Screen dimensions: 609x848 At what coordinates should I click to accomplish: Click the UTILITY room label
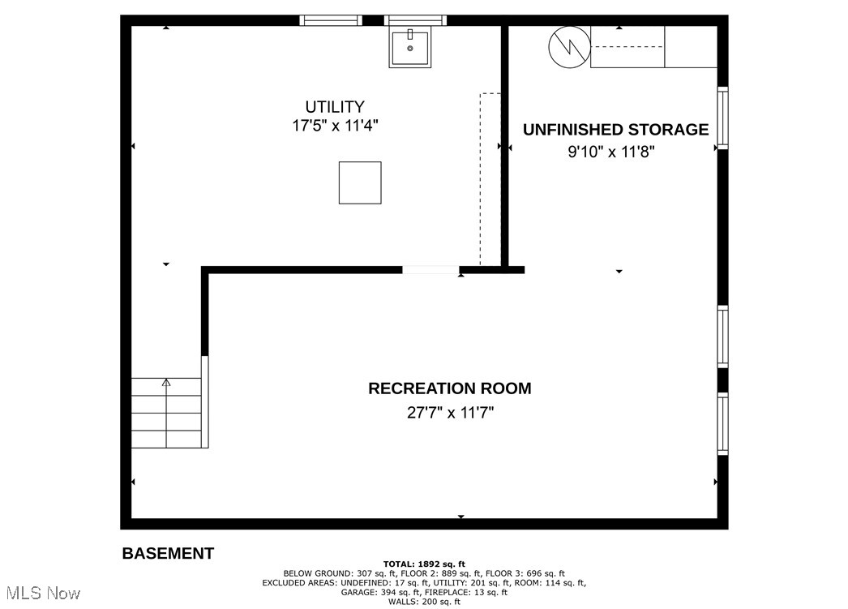[334, 106]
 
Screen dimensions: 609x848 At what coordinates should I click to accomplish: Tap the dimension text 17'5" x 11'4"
[334, 127]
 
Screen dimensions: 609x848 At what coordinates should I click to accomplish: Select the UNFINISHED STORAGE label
[615, 130]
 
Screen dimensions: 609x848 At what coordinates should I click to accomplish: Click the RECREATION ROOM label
[450, 388]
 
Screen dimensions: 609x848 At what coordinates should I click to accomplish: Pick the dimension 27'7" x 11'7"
[450, 412]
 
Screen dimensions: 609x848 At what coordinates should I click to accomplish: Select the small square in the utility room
[360, 182]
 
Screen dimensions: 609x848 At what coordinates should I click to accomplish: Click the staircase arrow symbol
[167, 383]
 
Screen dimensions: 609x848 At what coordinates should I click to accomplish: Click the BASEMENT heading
[168, 554]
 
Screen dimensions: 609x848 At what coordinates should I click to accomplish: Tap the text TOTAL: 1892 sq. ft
[424, 564]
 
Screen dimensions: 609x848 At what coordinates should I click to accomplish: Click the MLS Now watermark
[41, 594]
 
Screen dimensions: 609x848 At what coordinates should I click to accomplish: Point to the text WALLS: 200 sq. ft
[424, 602]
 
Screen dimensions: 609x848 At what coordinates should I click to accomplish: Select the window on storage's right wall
[722, 118]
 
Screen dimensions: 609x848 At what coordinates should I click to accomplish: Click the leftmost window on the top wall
[331, 20]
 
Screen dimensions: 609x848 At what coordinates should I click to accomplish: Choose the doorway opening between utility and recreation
[431, 270]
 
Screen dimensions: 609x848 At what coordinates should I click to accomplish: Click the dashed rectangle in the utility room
[490, 179]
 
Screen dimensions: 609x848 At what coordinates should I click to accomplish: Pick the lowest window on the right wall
[722, 422]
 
